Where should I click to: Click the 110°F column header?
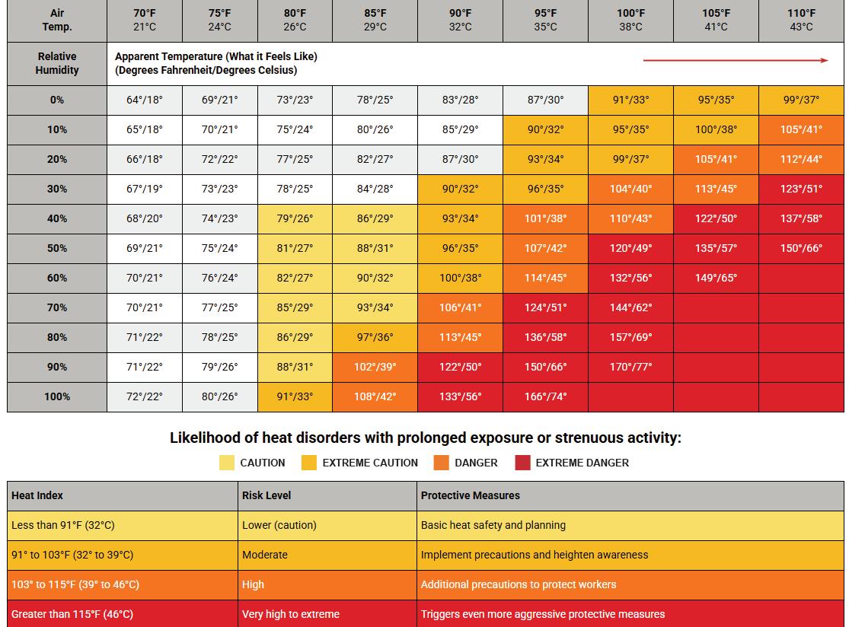click(801, 20)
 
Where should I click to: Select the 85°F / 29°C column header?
click(375, 20)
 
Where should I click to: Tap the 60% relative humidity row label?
click(57, 278)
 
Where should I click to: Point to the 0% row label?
click(57, 100)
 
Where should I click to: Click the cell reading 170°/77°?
click(630, 367)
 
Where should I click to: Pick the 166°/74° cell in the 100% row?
click(545, 396)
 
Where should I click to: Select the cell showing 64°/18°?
click(145, 100)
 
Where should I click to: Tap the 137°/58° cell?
click(801, 218)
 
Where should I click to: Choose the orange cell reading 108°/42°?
click(375, 396)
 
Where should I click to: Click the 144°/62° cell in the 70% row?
click(630, 308)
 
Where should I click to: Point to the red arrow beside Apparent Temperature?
click(736, 60)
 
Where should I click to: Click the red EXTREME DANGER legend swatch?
click(522, 463)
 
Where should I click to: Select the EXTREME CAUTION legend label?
click(370, 463)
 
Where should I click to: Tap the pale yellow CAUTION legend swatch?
click(227, 463)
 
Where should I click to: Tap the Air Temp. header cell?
click(57, 20)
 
